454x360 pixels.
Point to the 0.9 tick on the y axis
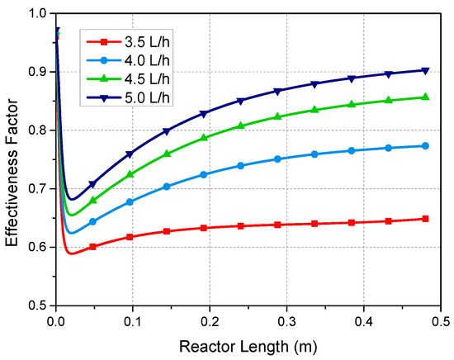(x=37, y=73)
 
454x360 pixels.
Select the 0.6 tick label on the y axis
(x=37, y=248)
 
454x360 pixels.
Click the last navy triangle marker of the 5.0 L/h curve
(x=425, y=70)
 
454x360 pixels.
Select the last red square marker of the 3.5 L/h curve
(x=425, y=219)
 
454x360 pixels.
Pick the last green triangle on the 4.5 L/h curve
(x=425, y=97)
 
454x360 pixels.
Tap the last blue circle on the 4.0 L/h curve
(x=425, y=145)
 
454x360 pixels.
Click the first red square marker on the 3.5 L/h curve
(x=92, y=247)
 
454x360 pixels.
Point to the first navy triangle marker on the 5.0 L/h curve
(x=92, y=183)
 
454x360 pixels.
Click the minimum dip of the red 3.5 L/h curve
(x=71, y=253)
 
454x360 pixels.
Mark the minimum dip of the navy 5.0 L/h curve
(x=72, y=199)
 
